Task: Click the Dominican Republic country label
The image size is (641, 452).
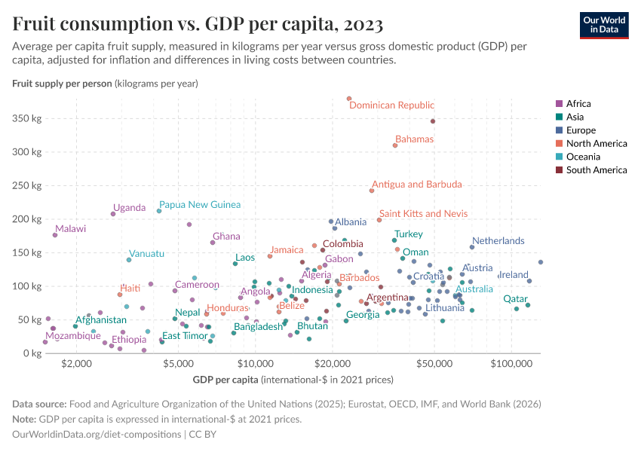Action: pyautogui.click(x=391, y=105)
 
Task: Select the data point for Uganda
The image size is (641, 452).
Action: pyautogui.click(x=113, y=214)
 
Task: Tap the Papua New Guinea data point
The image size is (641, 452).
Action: pyautogui.click(x=159, y=211)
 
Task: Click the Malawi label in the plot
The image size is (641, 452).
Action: pyautogui.click(x=70, y=228)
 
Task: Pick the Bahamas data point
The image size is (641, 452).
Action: pyautogui.click(x=395, y=145)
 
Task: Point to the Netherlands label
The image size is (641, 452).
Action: pyautogui.click(x=498, y=240)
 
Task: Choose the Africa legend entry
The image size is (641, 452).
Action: pyautogui.click(x=580, y=104)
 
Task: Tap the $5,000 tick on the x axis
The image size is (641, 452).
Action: pyautogui.click(x=178, y=365)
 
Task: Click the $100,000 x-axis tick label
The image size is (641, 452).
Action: pyautogui.click(x=512, y=365)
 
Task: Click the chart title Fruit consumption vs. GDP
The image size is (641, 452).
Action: pyautogui.click(x=198, y=23)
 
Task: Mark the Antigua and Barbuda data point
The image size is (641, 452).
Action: pyautogui.click(x=372, y=191)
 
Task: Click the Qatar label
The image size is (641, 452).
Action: pyautogui.click(x=517, y=298)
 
